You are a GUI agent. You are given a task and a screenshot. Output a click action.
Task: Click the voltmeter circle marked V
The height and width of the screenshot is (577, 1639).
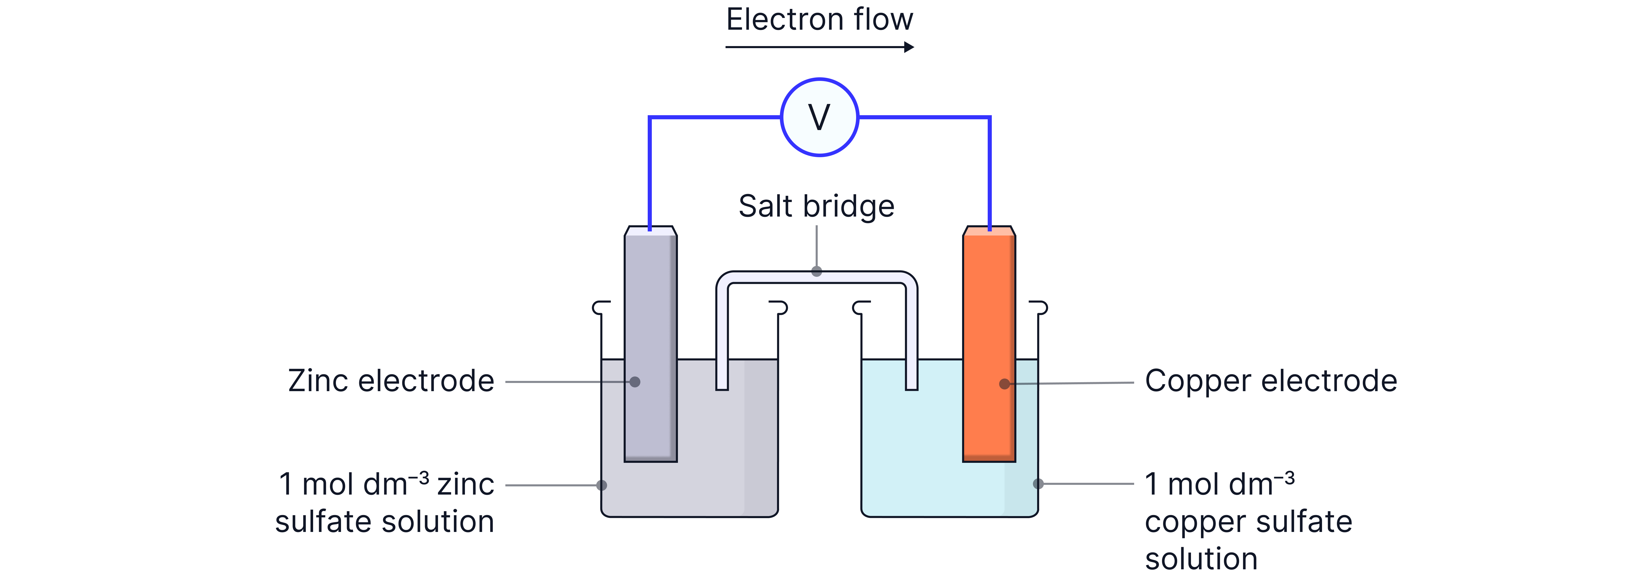tap(819, 117)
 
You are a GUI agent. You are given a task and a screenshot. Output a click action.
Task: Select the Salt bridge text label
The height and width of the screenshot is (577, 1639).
tap(816, 206)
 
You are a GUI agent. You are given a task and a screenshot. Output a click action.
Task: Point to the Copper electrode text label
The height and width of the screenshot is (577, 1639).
tap(1271, 381)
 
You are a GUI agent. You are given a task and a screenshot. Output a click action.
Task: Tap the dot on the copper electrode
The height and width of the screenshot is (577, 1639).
tap(1004, 384)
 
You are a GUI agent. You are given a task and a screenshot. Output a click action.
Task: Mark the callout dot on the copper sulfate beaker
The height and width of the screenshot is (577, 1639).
tap(1038, 484)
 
